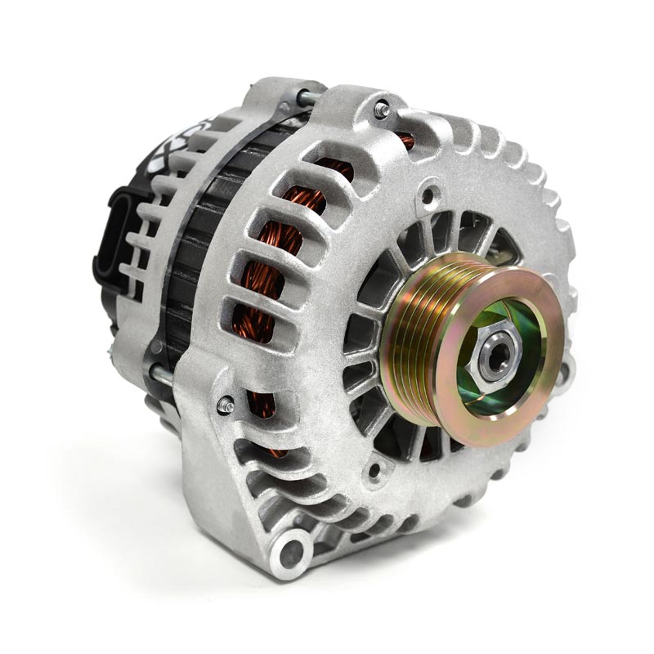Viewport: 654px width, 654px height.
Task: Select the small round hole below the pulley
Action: (x=374, y=471)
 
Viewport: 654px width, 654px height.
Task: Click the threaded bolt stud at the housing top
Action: (x=381, y=109)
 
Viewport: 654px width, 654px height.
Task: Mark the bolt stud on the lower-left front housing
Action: (x=226, y=405)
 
